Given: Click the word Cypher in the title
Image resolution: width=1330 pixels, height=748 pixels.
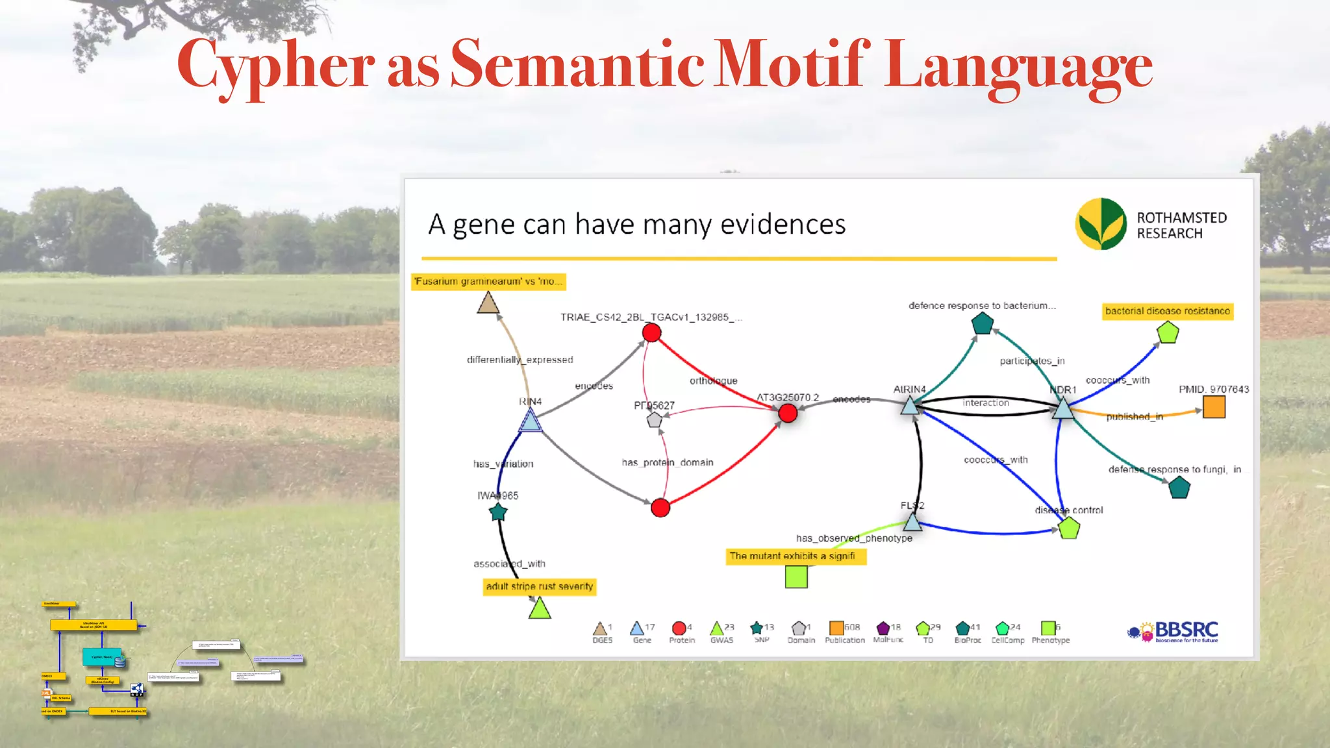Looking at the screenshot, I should tap(276, 65).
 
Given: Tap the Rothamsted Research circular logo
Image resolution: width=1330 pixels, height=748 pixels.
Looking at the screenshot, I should tap(1101, 224).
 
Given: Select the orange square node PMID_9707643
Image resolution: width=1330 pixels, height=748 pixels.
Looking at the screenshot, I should tap(1214, 407).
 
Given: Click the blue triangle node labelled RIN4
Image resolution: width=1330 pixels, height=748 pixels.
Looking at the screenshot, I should tap(531, 422).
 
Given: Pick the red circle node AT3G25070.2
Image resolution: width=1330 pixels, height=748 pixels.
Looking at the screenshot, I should tap(788, 413).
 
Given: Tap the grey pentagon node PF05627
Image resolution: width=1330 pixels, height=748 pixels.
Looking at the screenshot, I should tap(655, 420).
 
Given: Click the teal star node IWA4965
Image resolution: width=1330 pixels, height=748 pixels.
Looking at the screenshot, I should tap(498, 512).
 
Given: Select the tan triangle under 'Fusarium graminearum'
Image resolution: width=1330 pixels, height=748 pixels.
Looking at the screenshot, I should tap(488, 303).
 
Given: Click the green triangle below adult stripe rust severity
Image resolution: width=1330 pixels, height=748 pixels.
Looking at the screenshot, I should tap(540, 608).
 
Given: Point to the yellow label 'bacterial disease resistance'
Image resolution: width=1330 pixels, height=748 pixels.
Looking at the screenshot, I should tap(1168, 311).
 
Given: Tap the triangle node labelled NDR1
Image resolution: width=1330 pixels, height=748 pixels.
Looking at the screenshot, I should tap(1063, 408).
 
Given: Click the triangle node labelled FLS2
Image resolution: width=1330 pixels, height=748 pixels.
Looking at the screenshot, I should tap(912, 521).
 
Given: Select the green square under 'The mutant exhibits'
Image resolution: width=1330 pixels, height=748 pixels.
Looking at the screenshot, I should tap(796, 577).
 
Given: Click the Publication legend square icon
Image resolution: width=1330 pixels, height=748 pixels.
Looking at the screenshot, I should tap(836, 627).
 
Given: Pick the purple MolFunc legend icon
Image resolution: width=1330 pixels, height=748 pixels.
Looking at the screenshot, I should tap(883, 628).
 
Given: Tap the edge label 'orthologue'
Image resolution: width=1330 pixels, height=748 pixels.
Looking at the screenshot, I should tap(713, 380).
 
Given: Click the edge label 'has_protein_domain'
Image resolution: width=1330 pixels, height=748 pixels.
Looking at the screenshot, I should tap(668, 462).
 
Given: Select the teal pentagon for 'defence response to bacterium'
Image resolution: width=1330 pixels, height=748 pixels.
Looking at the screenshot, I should tap(983, 323).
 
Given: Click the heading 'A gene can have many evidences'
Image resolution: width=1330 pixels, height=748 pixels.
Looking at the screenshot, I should tap(636, 225).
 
